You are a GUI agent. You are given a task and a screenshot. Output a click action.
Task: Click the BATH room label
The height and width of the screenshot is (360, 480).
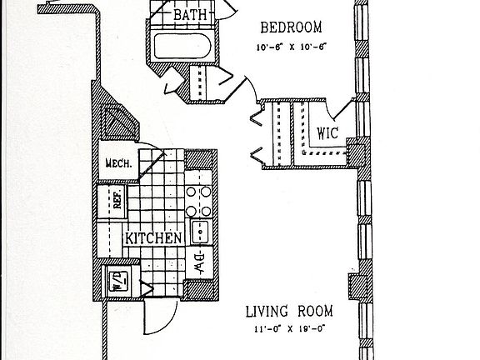pos(190,14)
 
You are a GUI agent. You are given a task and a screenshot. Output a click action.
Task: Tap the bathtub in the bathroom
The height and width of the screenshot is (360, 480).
pos(182,46)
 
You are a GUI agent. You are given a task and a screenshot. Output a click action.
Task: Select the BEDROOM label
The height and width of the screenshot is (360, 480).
pos(291,27)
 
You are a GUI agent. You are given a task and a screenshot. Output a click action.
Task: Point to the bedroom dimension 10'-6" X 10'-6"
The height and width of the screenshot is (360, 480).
pos(290,47)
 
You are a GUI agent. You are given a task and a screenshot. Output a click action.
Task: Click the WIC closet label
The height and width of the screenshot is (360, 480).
pos(327,133)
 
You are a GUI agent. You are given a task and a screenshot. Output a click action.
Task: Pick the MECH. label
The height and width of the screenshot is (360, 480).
pos(119,163)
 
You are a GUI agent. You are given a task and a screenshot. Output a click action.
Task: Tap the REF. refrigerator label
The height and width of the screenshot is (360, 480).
pos(117,198)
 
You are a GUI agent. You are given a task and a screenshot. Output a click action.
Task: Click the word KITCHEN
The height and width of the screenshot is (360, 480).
pos(153,238)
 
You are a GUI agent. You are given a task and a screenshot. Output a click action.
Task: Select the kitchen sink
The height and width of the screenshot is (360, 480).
pos(200,232)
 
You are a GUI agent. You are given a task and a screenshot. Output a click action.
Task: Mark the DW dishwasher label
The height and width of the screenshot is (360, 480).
pos(200,263)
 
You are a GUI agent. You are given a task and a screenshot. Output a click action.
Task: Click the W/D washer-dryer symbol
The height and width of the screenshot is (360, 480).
pos(119,282)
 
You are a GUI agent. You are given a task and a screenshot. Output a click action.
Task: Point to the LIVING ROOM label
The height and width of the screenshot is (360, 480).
pos(289,312)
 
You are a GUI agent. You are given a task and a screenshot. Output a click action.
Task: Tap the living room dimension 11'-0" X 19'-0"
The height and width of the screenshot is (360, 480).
pos(289,329)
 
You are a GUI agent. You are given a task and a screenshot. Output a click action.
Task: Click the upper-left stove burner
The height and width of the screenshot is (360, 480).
pos(191,192)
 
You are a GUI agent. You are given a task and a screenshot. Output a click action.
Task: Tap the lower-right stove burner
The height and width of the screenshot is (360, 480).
pos(206,211)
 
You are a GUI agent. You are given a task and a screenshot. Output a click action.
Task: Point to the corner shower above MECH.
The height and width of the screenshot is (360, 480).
pos(119,122)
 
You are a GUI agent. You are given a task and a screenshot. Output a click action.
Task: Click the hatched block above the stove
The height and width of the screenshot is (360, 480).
pos(199,159)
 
